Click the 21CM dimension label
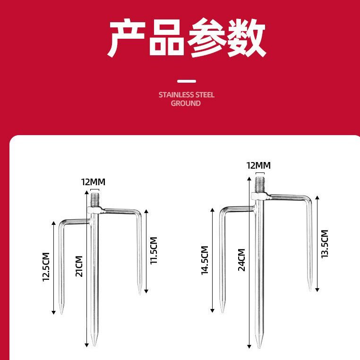coord(79,266)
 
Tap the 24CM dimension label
coord(241,259)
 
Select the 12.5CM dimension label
coord(46,267)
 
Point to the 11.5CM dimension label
coord(154,250)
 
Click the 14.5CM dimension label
coord(205,260)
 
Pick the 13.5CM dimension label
coord(324,244)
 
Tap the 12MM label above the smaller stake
coord(93,182)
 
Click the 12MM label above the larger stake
coord(258,165)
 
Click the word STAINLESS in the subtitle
coord(174,94)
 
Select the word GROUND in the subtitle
coord(186,103)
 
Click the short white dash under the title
coord(186,81)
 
